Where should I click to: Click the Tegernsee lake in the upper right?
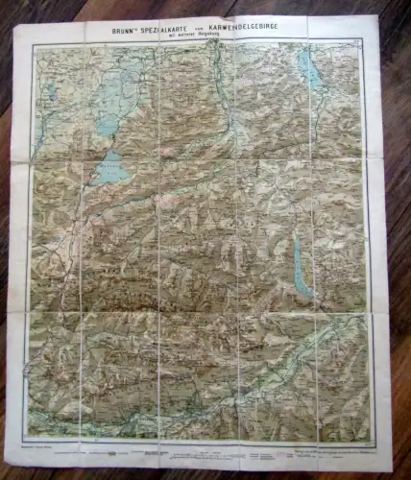point(308,70)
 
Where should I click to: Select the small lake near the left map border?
point(48,92)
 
